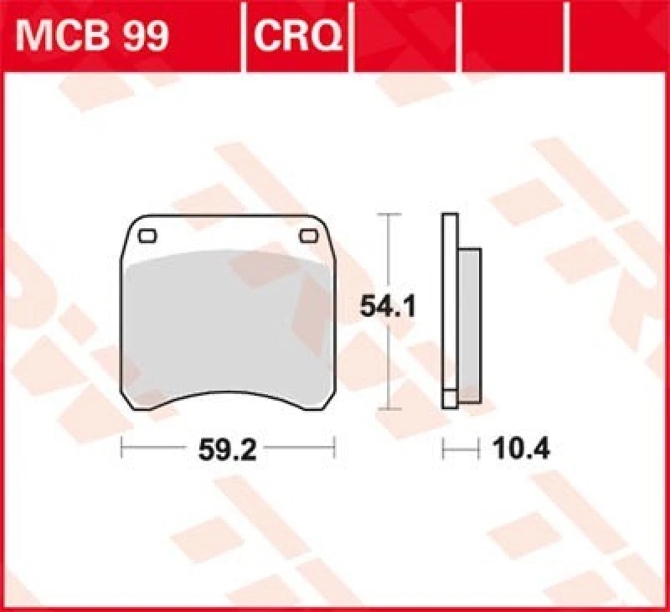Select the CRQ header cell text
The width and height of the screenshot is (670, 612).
(x=296, y=34)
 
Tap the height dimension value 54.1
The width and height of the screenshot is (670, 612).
(x=388, y=306)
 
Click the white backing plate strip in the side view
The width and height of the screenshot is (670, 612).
(x=449, y=310)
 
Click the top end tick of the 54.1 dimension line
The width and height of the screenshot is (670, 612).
(x=386, y=215)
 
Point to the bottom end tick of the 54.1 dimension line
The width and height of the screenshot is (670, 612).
(x=386, y=409)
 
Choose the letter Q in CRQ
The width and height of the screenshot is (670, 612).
(x=327, y=34)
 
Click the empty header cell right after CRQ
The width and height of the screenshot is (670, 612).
(x=406, y=34)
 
